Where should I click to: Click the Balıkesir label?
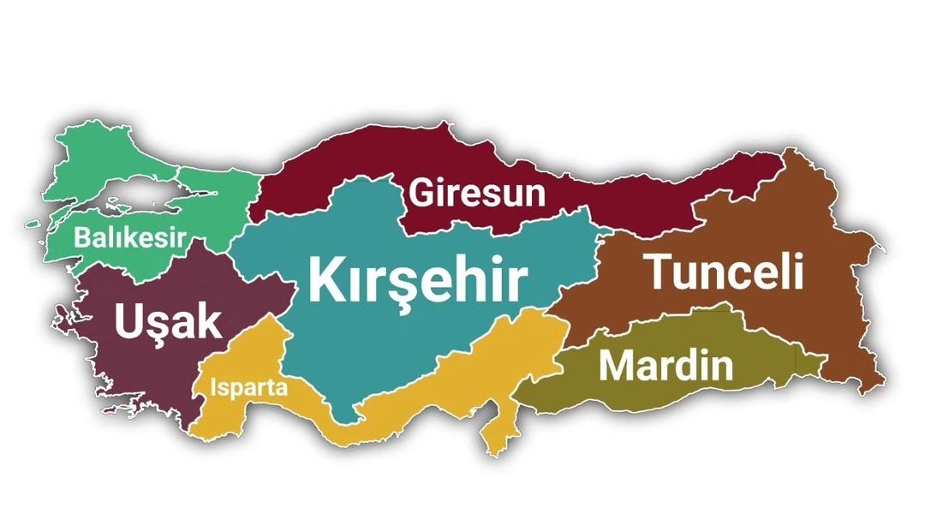(130, 237)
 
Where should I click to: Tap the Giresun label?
(477, 194)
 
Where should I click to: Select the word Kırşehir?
(417, 279)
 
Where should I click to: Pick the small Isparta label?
(248, 387)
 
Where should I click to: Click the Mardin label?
(665, 366)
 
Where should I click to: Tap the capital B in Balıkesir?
(82, 237)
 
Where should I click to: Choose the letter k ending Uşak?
(208, 321)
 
